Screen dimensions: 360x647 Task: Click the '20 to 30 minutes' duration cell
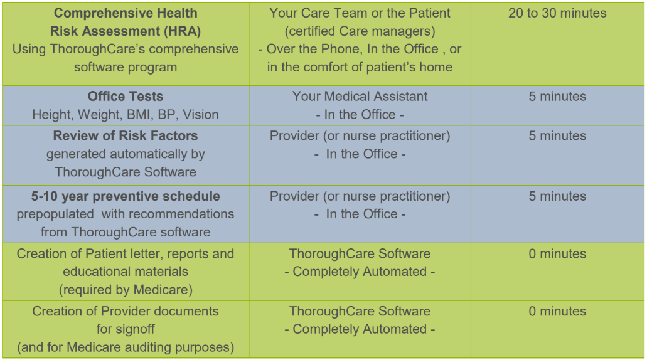point(557,13)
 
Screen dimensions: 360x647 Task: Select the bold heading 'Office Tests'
point(126,97)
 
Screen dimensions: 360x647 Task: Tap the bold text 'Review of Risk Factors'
point(126,136)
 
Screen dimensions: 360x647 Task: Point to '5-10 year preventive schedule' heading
point(126,196)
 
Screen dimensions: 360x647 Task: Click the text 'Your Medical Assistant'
point(360,97)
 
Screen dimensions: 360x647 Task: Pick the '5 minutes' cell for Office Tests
point(557,97)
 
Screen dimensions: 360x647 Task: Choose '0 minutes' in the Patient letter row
point(557,254)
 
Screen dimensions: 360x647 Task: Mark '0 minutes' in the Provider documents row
point(557,311)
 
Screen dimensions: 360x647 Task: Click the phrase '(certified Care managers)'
point(360,31)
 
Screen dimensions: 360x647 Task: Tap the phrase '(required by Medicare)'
point(126,289)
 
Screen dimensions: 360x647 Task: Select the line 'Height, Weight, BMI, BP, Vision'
point(126,115)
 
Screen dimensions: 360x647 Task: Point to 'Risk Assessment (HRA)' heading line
point(126,31)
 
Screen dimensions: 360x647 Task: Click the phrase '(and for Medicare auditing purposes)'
point(126,347)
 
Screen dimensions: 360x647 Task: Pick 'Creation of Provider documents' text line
point(126,311)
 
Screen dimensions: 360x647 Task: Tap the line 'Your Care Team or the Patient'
point(360,13)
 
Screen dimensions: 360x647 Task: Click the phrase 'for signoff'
point(126,329)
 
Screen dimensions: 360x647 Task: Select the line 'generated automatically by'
point(126,154)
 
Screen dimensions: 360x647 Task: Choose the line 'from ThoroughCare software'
point(126,232)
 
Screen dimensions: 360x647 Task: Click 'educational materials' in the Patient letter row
point(126,272)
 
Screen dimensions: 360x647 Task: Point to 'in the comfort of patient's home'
point(360,67)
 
